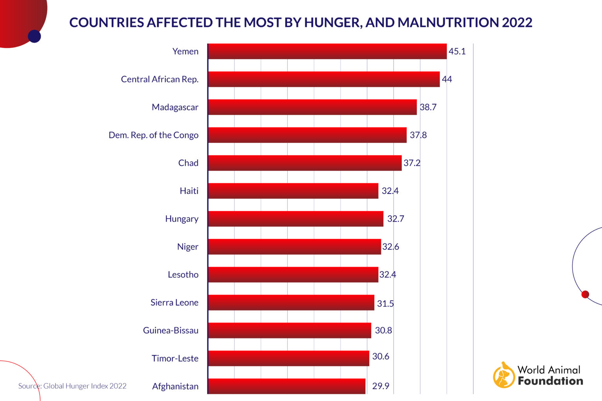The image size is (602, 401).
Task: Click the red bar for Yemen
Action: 327,51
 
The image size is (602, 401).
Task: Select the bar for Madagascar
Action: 312,107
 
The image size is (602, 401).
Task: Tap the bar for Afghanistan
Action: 286,386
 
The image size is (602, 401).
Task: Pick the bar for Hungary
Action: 296,219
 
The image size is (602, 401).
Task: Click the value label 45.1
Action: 457,51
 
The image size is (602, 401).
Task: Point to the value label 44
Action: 447,79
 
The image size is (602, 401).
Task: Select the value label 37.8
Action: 418,135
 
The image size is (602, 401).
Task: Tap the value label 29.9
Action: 381,386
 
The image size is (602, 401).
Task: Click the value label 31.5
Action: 385,303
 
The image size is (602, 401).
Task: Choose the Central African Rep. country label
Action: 160,79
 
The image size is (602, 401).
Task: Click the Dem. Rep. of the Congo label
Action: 154,135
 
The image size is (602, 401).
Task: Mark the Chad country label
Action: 188,163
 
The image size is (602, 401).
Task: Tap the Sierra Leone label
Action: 174,302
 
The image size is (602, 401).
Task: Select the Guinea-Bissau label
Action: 170,331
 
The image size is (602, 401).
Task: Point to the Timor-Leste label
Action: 175,358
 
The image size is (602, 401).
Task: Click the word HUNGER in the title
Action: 333,22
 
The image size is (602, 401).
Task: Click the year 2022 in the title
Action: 517,22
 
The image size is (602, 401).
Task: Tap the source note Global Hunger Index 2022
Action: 73,386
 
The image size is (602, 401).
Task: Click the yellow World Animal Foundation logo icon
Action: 504,375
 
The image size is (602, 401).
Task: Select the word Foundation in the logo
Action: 550,381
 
